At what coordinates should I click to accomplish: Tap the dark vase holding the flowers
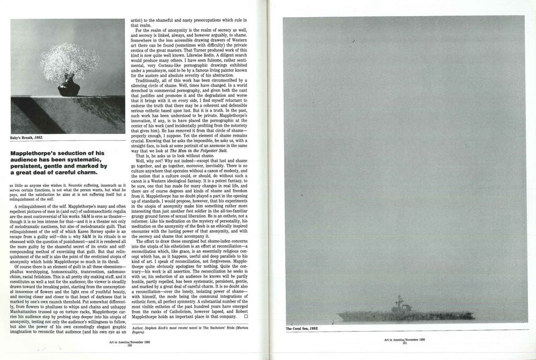(x=69, y=87)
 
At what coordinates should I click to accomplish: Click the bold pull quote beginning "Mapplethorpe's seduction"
(x=59, y=163)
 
